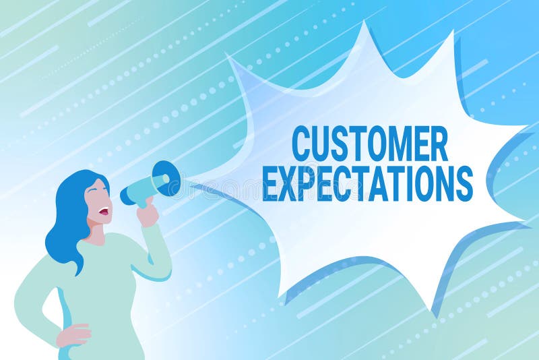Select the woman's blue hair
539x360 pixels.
[x=67, y=216]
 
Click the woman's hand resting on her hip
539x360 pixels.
[x=74, y=334]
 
